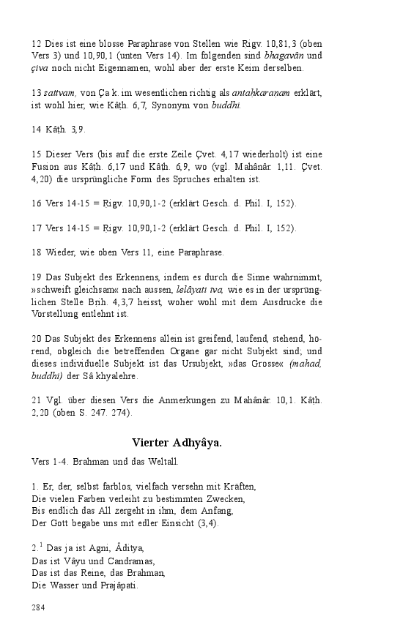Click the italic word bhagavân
[x=286, y=56]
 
